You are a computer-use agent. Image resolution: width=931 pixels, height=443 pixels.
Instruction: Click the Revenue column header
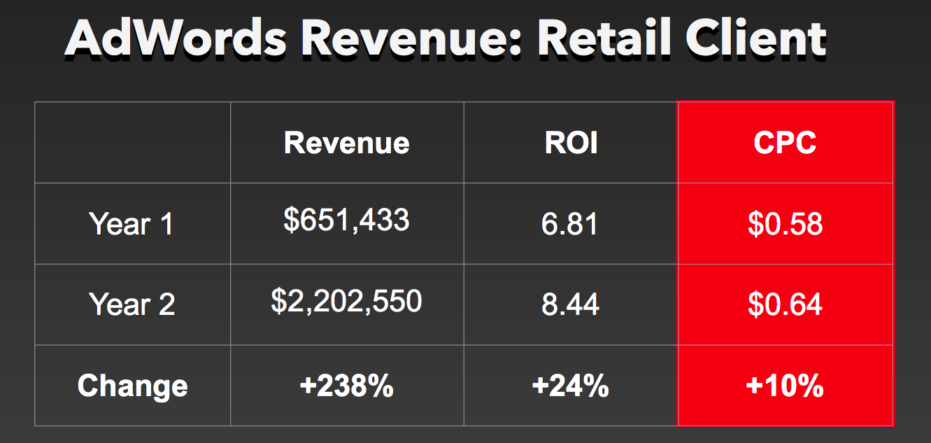(346, 143)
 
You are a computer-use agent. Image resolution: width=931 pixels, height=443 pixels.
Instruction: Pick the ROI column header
(571, 143)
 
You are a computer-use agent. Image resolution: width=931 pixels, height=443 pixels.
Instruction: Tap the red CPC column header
(785, 143)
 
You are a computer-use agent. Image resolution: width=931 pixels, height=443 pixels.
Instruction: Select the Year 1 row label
(131, 224)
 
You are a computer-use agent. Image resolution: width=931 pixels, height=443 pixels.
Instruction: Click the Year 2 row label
(132, 304)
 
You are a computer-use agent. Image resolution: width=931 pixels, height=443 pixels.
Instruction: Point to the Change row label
(132, 386)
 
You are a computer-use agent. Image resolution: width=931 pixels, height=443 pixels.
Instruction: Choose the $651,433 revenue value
(346, 220)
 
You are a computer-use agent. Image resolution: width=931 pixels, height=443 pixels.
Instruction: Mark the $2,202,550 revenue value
(346, 301)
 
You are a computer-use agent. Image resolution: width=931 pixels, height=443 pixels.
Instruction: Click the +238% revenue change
(346, 386)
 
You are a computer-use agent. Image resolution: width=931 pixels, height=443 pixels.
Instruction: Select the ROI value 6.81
(570, 225)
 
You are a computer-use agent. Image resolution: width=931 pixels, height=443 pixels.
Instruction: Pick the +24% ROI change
(570, 386)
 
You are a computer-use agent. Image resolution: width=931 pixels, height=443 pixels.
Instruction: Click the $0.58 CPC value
(785, 225)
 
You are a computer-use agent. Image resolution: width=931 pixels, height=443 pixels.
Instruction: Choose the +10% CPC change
(785, 386)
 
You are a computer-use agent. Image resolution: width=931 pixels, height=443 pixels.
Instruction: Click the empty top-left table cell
(132, 143)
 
